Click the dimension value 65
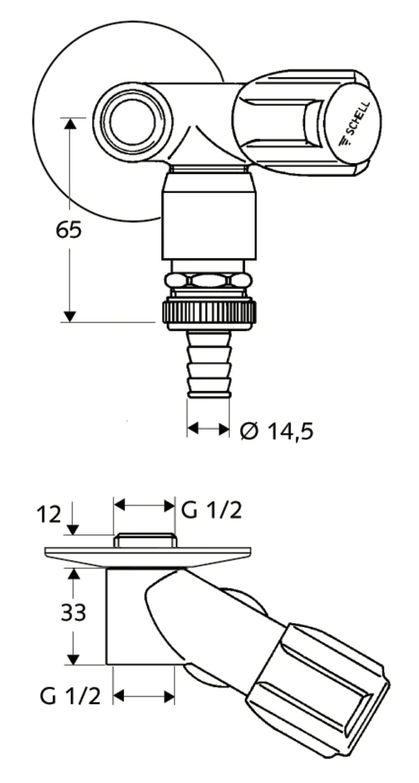[x=69, y=230]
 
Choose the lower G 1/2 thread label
[x=70, y=696]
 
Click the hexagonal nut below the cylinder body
[x=209, y=280]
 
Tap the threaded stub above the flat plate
[x=144, y=540]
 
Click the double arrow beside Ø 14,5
[x=208, y=429]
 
